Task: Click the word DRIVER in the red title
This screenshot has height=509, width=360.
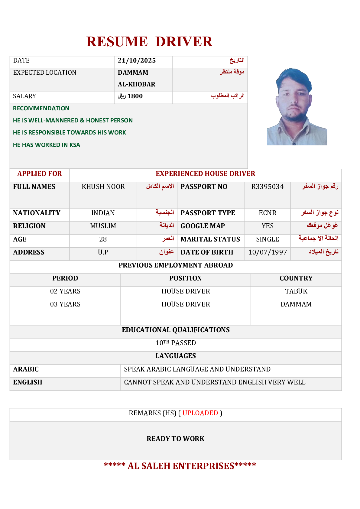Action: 184,42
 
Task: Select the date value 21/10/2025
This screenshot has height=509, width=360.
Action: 137,60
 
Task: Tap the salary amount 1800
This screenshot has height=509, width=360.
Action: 135,96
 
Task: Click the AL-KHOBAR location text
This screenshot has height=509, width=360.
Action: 136,84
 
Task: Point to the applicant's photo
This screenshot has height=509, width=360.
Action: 297,107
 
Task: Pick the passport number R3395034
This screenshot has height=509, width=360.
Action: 267,187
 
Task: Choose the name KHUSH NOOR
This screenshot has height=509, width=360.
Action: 103,187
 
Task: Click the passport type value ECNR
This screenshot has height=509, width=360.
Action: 268,213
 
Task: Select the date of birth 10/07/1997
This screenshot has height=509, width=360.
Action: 268,252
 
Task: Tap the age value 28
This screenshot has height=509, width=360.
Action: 103,239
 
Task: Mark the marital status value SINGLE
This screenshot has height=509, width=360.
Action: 268,239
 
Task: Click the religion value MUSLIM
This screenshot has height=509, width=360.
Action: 103,226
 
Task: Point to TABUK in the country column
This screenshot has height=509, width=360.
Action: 296,291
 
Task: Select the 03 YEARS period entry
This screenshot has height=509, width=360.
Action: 65,304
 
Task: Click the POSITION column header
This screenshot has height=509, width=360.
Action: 185,278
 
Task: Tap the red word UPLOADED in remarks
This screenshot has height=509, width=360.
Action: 200,413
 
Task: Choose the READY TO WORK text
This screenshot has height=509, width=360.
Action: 175,439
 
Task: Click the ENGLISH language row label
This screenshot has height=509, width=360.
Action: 28,382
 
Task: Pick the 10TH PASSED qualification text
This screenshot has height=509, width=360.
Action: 176,343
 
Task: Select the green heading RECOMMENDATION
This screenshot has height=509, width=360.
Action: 41,109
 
